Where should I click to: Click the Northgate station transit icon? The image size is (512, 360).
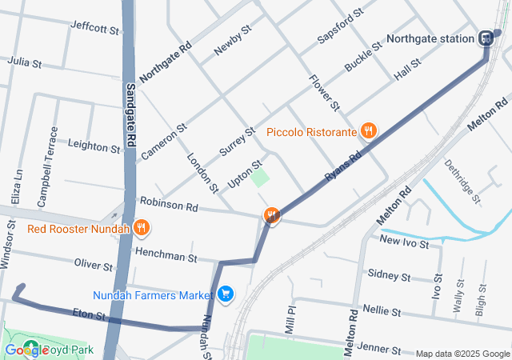click(x=486, y=38)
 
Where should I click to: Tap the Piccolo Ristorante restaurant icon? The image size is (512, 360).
click(x=368, y=131)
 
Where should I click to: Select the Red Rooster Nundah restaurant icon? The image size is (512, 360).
click(x=141, y=229)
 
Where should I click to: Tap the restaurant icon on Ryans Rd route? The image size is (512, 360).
click(x=272, y=216)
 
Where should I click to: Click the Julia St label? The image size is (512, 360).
click(x=23, y=61)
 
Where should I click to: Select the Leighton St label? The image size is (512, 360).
click(x=94, y=146)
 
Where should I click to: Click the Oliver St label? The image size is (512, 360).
click(x=93, y=265)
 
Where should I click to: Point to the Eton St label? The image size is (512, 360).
click(x=89, y=316)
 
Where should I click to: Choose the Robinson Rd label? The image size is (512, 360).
click(x=168, y=206)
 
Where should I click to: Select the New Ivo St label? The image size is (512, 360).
click(x=405, y=240)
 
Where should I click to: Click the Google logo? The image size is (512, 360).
click(x=26, y=350)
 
